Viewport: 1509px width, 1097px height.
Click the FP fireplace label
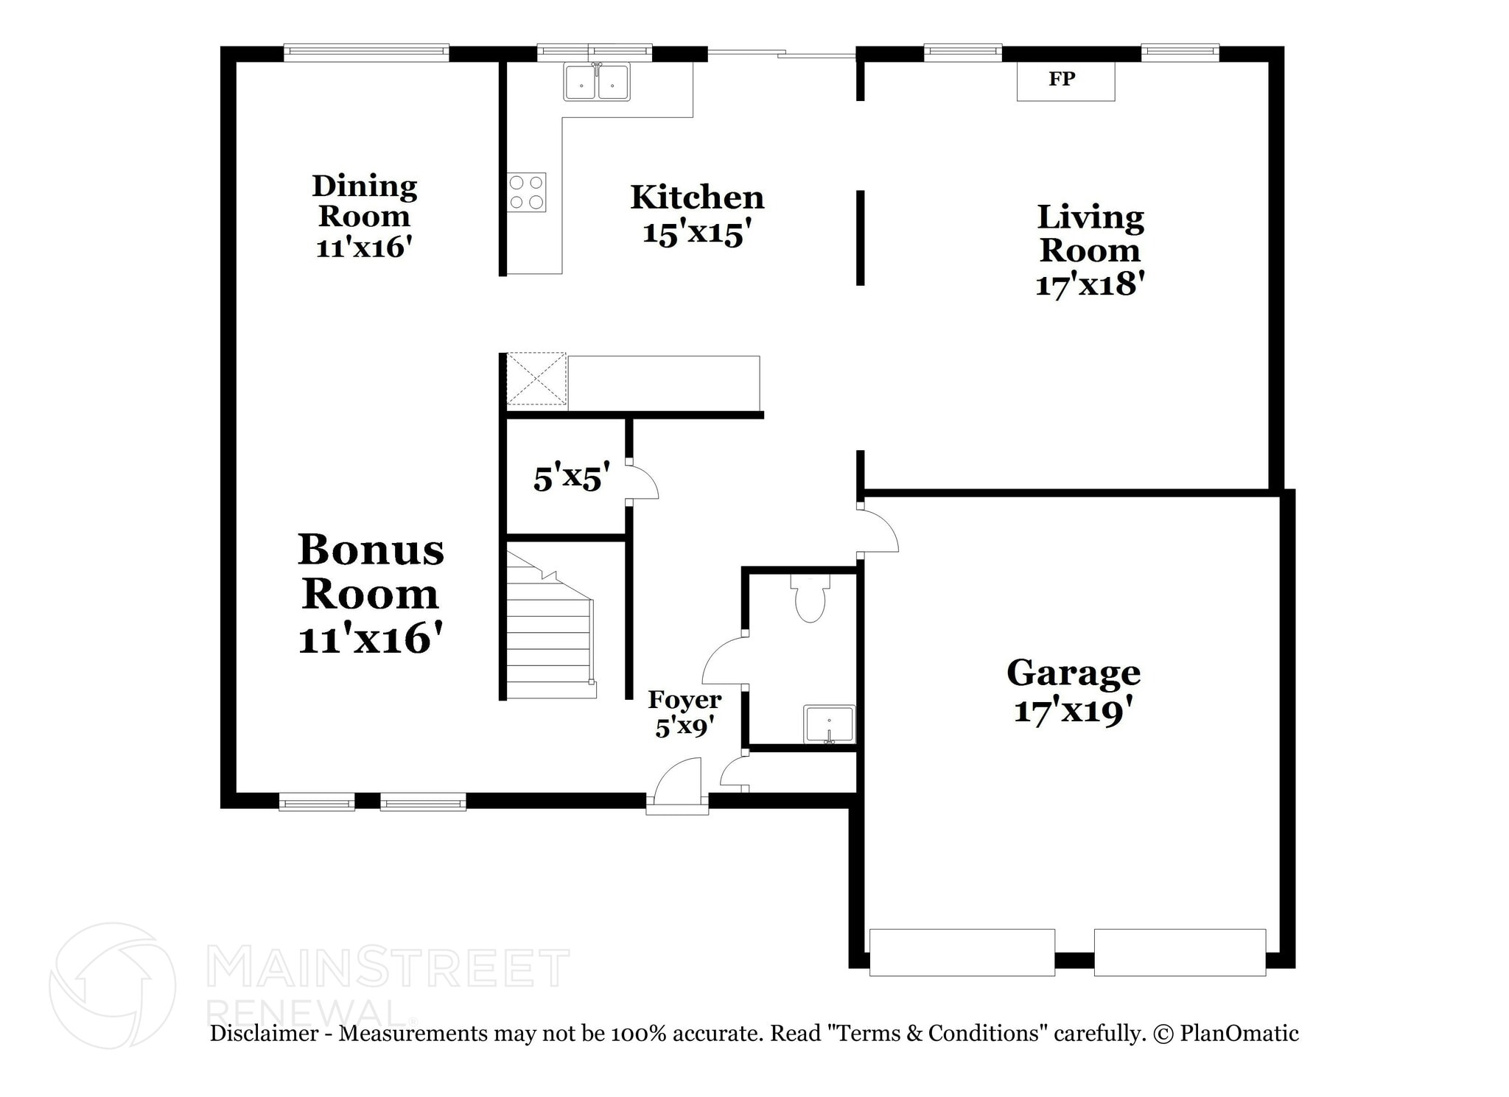[1062, 79]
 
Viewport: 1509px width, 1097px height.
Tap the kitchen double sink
[597, 81]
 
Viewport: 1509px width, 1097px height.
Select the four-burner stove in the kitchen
[526, 192]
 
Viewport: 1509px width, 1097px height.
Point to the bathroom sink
[830, 724]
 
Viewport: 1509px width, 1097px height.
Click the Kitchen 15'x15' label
[697, 214]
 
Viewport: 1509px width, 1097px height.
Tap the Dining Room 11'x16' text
[364, 216]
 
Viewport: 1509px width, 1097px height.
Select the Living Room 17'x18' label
[1090, 250]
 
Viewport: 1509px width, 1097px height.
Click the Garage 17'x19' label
[1074, 691]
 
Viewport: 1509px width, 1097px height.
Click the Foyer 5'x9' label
[685, 713]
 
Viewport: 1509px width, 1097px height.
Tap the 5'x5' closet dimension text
[572, 477]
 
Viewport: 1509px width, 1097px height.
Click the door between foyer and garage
[878, 528]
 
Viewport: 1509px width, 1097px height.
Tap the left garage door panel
[962, 953]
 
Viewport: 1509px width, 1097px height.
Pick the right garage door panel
[1180, 953]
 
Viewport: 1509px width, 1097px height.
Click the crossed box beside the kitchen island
[536, 379]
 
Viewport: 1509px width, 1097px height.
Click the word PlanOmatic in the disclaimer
[1239, 1033]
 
